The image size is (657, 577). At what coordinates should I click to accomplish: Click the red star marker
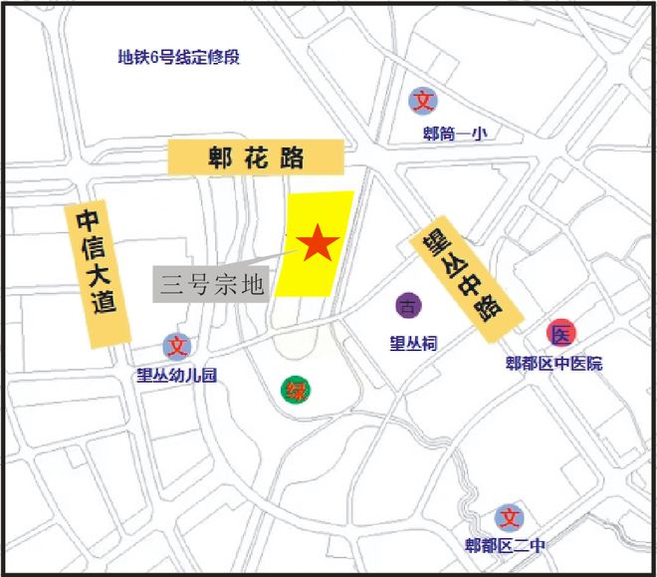pyautogui.click(x=318, y=243)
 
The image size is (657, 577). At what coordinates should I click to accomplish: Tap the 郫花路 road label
pyautogui.click(x=255, y=157)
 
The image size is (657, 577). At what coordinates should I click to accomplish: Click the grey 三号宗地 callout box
pyautogui.click(x=212, y=285)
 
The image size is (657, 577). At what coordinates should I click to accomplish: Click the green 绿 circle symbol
pyautogui.click(x=295, y=390)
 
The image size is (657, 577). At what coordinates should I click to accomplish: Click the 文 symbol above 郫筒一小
pyautogui.click(x=424, y=101)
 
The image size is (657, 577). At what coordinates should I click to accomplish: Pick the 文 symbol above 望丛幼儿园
pyautogui.click(x=177, y=347)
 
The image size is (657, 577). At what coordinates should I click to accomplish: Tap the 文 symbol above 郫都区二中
pyautogui.click(x=510, y=517)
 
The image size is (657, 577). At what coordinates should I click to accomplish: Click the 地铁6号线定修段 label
pyautogui.click(x=179, y=57)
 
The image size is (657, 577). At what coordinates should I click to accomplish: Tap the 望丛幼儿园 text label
pyautogui.click(x=175, y=376)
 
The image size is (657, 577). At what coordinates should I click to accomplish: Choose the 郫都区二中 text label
pyautogui.click(x=507, y=546)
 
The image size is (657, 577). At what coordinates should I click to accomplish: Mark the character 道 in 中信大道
pyautogui.click(x=105, y=306)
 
